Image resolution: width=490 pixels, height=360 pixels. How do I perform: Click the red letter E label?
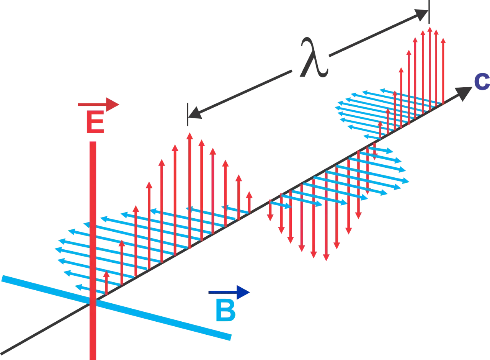click(95, 122)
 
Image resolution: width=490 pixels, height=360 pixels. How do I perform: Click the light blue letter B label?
click(225, 311)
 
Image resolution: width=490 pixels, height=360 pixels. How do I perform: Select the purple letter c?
click(482, 82)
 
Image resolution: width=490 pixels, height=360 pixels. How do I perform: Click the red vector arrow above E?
click(98, 105)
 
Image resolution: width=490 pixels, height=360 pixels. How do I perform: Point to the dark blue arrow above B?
click(229, 292)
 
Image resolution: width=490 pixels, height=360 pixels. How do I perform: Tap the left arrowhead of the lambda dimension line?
click(195, 113)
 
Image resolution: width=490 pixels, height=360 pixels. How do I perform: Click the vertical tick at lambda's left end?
click(188, 114)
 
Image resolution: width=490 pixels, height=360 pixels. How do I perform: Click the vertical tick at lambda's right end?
click(429, 12)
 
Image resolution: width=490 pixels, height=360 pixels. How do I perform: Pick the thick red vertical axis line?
click(93, 250)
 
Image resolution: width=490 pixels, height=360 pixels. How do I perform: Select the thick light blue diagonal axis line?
click(116, 308)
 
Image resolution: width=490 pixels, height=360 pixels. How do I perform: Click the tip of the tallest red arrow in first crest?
click(189, 133)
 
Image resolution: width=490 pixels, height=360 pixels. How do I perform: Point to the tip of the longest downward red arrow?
click(326, 261)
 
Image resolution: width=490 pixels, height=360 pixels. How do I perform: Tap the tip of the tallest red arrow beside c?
click(430, 27)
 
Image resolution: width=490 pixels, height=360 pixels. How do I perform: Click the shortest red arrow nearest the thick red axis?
click(106, 283)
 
